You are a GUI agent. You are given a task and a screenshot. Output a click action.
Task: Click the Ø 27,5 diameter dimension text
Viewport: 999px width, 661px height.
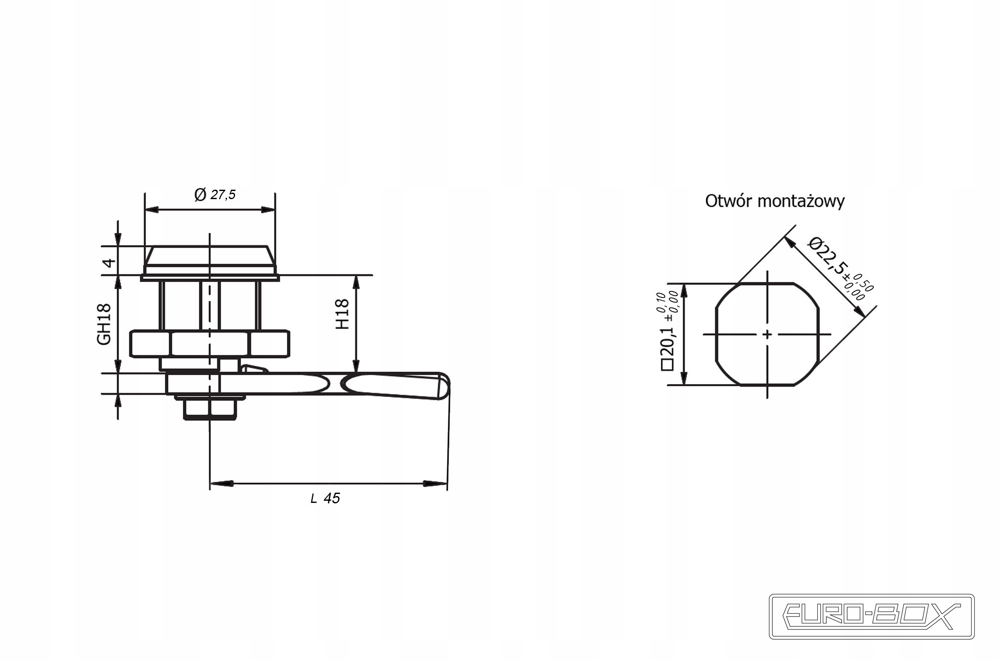pos(215,195)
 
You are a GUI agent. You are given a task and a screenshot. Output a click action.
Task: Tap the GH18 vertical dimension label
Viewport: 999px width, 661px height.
pos(104,324)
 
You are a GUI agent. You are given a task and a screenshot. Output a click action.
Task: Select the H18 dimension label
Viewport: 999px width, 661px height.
pos(342,314)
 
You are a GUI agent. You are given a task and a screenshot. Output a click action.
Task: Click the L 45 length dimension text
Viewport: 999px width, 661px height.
pos(325,498)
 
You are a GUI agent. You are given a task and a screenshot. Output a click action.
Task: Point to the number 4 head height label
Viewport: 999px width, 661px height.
pos(109,262)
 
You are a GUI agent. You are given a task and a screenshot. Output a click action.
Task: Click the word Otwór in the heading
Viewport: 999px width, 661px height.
pos(728,201)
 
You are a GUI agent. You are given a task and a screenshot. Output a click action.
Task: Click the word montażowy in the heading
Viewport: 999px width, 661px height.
pos(801,202)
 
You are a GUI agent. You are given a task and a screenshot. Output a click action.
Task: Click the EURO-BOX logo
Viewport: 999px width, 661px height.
pos(872,617)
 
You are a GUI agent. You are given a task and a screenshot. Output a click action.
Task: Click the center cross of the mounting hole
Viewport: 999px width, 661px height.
pos(767,334)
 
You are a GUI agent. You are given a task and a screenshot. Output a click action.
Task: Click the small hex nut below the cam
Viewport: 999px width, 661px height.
pos(210,408)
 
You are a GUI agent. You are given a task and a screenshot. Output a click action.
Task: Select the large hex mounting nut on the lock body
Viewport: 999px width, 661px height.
pos(209,344)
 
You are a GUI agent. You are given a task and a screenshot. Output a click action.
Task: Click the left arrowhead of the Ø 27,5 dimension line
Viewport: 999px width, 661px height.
pos(152,209)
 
